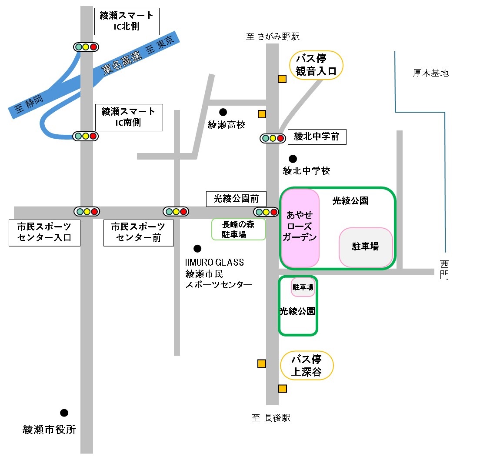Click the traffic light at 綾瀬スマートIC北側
86,47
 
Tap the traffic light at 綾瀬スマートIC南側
85,136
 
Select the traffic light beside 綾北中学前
273,138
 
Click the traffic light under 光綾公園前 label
266,212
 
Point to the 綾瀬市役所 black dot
64,413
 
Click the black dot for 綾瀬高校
223,112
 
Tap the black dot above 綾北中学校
293,159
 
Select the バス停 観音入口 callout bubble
316,65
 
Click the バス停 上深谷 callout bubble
307,365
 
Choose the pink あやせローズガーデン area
300,228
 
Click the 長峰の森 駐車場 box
238,229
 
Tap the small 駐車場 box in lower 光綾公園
303,287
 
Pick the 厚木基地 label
430,73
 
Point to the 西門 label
444,270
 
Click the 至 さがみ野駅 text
273,37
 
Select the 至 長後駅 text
271,417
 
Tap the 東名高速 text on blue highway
122,63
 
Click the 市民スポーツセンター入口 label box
44,233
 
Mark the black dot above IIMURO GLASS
197,249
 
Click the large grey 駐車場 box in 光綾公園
366,247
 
